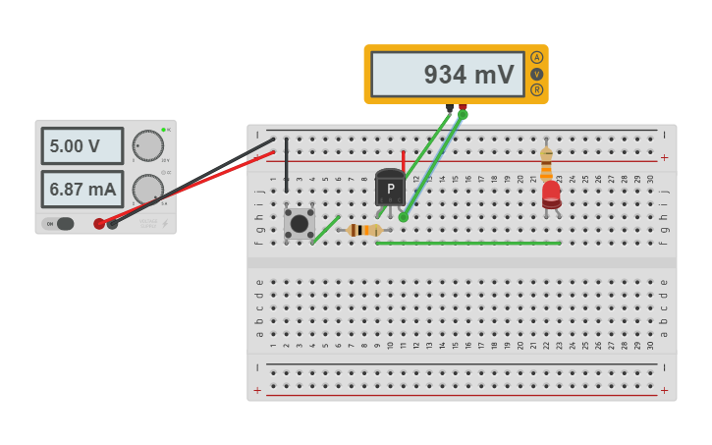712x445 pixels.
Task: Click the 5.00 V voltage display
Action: point(82,146)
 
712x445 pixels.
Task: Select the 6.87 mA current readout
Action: point(82,189)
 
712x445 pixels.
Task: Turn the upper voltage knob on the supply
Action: point(147,145)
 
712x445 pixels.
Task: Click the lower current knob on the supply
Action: point(147,189)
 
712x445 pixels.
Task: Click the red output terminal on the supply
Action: point(99,224)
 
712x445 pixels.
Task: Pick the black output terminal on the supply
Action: point(112,224)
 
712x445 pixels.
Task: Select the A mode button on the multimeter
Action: point(536,58)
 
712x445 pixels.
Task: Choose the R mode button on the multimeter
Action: point(536,89)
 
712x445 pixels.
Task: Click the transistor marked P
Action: point(390,188)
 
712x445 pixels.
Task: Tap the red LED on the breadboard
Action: point(551,193)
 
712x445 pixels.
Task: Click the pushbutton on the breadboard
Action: point(299,223)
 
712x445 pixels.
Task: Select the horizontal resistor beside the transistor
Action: point(364,230)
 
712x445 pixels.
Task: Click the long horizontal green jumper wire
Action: point(468,243)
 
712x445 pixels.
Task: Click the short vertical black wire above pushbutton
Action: point(287,164)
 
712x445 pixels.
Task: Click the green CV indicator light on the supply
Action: point(163,130)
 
